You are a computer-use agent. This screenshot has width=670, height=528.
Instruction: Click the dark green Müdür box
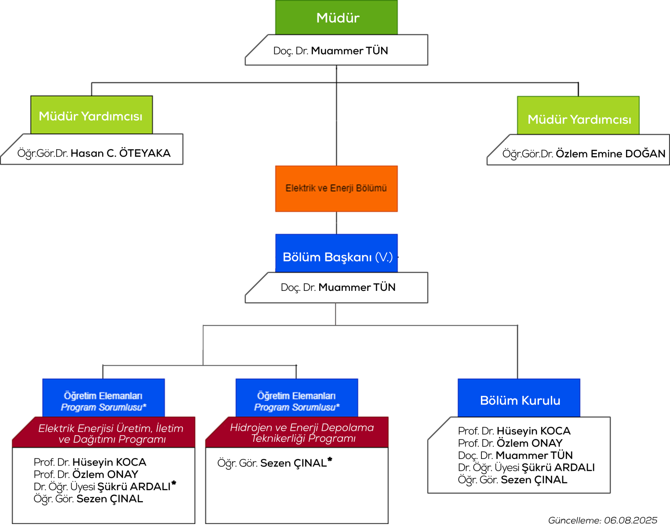336,17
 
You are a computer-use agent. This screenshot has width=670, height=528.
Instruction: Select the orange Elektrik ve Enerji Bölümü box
336,189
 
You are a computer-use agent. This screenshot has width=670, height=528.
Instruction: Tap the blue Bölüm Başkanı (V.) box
336,253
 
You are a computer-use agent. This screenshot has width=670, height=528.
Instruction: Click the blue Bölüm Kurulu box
519,398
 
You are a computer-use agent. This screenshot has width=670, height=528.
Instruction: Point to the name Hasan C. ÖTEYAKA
120,154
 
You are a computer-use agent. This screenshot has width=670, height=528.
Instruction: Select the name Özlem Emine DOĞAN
611,154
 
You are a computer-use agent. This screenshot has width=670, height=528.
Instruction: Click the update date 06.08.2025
630,520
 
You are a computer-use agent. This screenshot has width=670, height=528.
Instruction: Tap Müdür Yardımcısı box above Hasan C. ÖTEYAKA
91,115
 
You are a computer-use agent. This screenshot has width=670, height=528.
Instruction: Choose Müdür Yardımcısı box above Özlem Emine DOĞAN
578,115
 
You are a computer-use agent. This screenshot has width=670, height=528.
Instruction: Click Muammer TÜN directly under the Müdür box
350,51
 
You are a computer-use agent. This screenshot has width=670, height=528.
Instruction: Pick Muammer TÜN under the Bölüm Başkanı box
357,287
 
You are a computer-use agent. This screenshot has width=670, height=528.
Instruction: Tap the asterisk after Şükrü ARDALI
174,483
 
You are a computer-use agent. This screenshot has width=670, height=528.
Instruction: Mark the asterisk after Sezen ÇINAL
330,459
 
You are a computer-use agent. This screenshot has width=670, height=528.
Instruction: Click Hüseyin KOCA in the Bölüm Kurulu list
534,431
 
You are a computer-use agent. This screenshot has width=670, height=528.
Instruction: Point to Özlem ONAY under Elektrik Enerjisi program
105,474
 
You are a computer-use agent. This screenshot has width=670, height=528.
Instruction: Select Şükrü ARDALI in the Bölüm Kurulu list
558,467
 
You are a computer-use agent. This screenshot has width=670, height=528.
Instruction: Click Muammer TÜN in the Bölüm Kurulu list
534,455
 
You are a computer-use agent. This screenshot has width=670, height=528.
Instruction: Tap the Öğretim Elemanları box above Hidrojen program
297,398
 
